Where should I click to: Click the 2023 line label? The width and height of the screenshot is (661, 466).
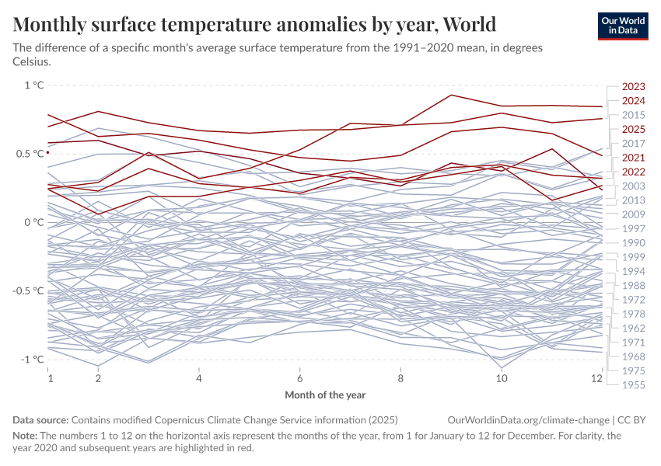pyautogui.click(x=633, y=87)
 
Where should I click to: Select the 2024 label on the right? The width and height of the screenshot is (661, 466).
pyautogui.click(x=633, y=101)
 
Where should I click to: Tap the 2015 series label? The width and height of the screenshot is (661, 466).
pyautogui.click(x=633, y=115)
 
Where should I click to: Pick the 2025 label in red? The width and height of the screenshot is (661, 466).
pyautogui.click(x=633, y=129)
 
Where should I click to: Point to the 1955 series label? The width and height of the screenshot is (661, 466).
pyautogui.click(x=633, y=384)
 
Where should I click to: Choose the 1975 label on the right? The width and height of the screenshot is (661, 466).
pyautogui.click(x=633, y=370)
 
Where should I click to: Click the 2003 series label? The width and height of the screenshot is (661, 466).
pyautogui.click(x=633, y=186)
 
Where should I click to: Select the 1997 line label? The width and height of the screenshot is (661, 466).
pyautogui.click(x=633, y=228)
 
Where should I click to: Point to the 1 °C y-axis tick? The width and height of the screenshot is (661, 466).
pyautogui.click(x=33, y=85)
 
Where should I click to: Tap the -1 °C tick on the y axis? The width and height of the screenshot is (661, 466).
pyautogui.click(x=31, y=359)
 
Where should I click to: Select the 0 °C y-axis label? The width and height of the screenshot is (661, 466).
pyautogui.click(x=33, y=222)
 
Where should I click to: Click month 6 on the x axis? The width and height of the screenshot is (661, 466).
pyautogui.click(x=300, y=378)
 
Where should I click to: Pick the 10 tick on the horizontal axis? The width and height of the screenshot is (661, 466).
pyautogui.click(x=502, y=378)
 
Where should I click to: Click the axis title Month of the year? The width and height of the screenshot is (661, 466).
pyautogui.click(x=325, y=395)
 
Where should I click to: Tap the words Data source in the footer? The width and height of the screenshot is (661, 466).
pyautogui.click(x=40, y=419)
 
